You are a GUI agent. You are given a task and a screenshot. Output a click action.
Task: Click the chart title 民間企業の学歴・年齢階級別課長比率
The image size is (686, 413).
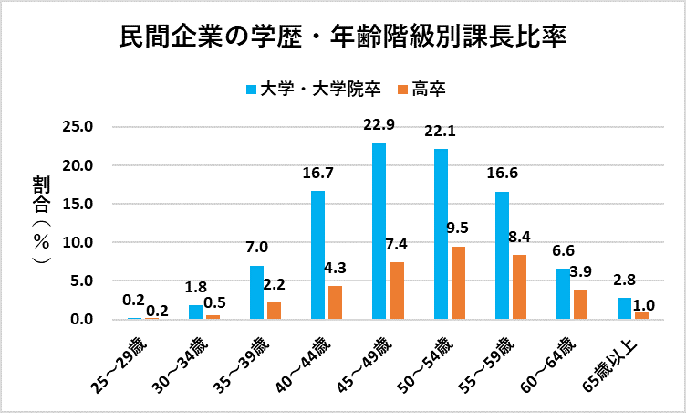(x=343, y=38)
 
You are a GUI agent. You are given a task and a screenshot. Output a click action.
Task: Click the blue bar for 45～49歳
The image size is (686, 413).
(x=379, y=231)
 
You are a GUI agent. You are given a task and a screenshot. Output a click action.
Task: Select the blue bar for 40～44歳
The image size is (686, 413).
(x=317, y=255)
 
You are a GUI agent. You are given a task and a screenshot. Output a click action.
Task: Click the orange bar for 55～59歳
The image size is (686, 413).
(x=519, y=287)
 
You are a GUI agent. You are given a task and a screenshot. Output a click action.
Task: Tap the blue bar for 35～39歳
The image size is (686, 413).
(x=256, y=292)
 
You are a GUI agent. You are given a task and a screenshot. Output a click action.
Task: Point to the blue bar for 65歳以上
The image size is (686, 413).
(x=624, y=309)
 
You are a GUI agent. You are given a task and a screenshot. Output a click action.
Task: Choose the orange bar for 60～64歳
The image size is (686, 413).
(x=580, y=304)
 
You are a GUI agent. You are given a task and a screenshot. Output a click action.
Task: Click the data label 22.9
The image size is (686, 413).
(x=379, y=125)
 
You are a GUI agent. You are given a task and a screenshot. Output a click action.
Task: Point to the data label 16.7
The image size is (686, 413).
(x=318, y=173)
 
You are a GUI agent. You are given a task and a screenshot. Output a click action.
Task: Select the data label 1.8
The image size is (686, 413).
(x=196, y=287)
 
